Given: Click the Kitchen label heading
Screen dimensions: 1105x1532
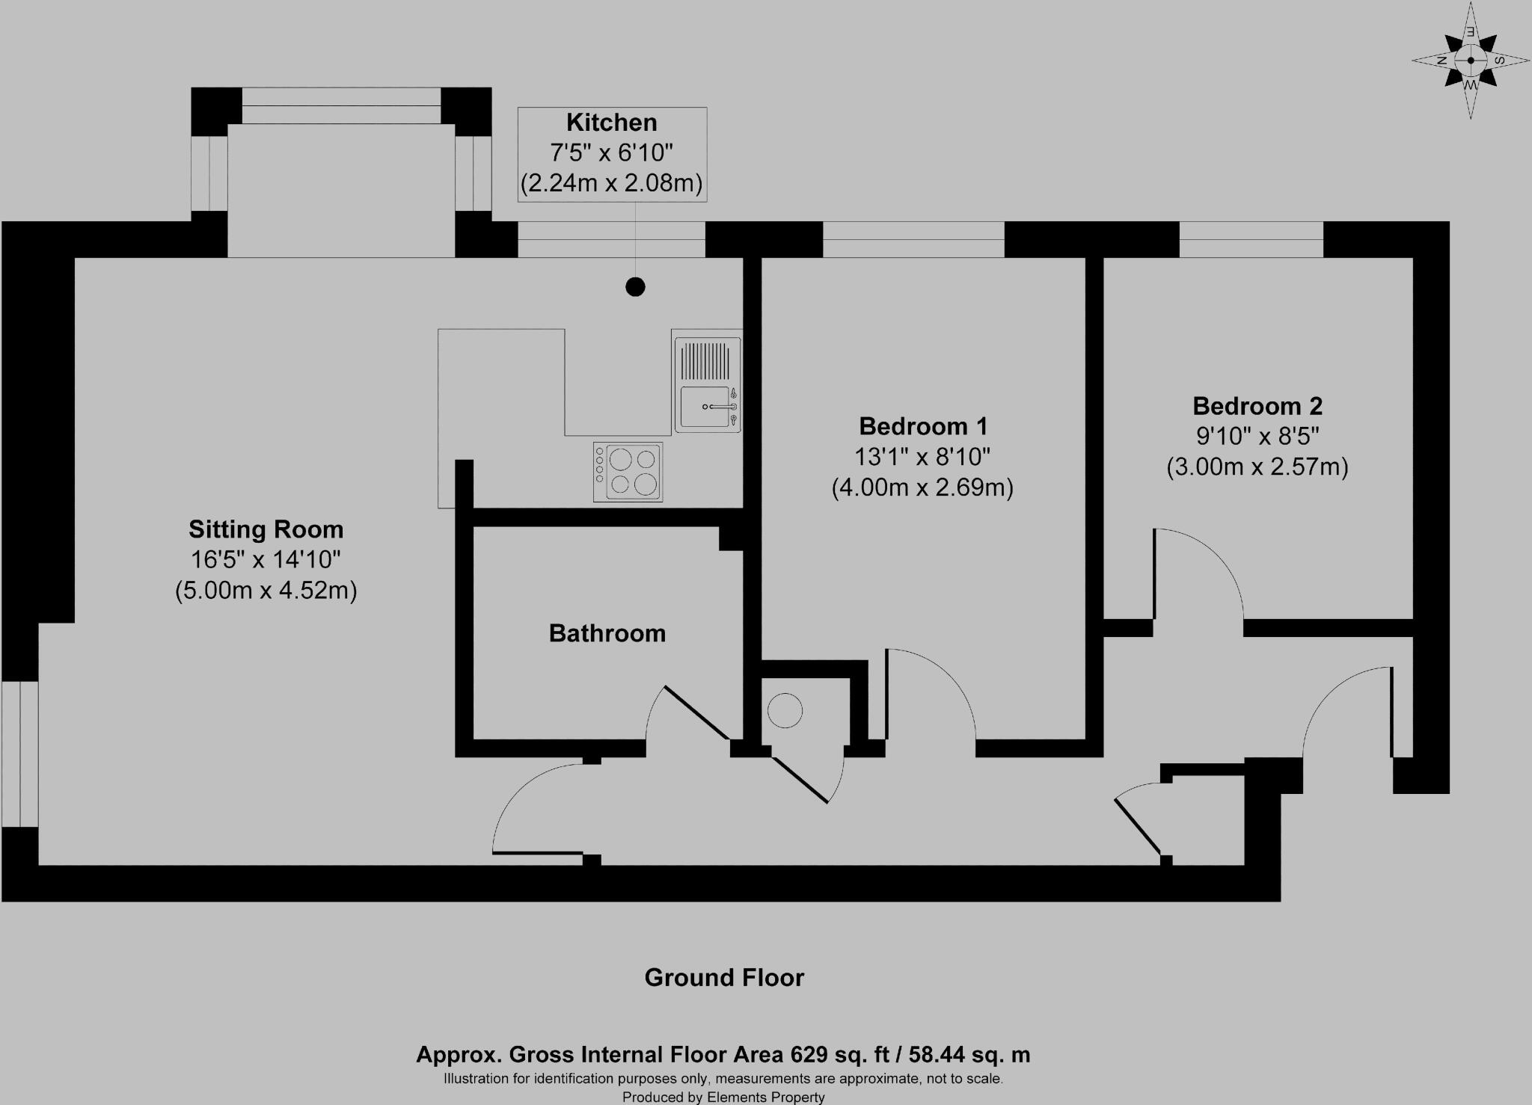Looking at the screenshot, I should click(x=611, y=123).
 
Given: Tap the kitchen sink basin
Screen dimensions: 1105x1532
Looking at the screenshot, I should click(x=704, y=407).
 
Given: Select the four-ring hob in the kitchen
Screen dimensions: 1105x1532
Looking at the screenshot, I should click(x=628, y=472).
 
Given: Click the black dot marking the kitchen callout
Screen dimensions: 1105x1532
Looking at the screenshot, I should click(x=635, y=286).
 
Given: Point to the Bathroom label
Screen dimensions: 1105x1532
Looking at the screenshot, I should click(x=607, y=633).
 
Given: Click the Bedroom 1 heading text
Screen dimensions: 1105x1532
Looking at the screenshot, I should click(x=922, y=426).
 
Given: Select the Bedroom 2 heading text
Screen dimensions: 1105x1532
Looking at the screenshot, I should click(x=1257, y=406).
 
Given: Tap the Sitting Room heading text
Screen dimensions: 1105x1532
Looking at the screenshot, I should click(x=266, y=529).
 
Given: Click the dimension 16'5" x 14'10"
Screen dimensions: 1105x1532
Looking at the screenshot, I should click(x=266, y=559).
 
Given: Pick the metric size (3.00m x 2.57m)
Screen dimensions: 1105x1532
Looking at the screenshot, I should click(x=1257, y=467).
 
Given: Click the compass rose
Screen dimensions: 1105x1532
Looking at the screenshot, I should click(x=1470, y=61).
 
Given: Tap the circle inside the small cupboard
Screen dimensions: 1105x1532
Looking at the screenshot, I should click(x=785, y=711).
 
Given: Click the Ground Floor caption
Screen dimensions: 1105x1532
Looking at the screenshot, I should click(x=723, y=978).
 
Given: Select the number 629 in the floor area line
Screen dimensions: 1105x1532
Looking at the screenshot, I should click(x=809, y=1055).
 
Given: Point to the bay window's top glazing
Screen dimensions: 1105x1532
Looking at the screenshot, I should click(x=341, y=105).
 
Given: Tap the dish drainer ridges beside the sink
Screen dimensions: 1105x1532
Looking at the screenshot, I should click(x=703, y=360).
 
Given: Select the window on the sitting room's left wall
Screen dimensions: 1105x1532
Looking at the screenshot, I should click(x=19, y=754).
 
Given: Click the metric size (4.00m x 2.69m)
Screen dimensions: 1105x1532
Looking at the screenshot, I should click(x=922, y=488).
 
